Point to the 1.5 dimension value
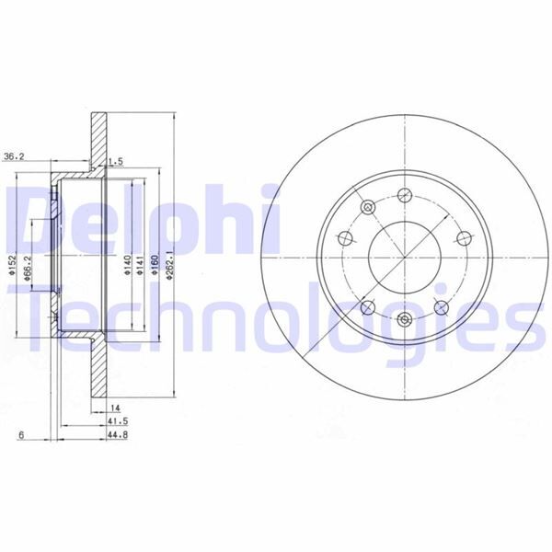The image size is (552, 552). click(x=116, y=162)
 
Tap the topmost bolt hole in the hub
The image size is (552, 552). click(x=404, y=196)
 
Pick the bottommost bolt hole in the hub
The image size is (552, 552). click(x=405, y=319)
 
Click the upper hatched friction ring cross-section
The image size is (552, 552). click(x=98, y=138)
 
